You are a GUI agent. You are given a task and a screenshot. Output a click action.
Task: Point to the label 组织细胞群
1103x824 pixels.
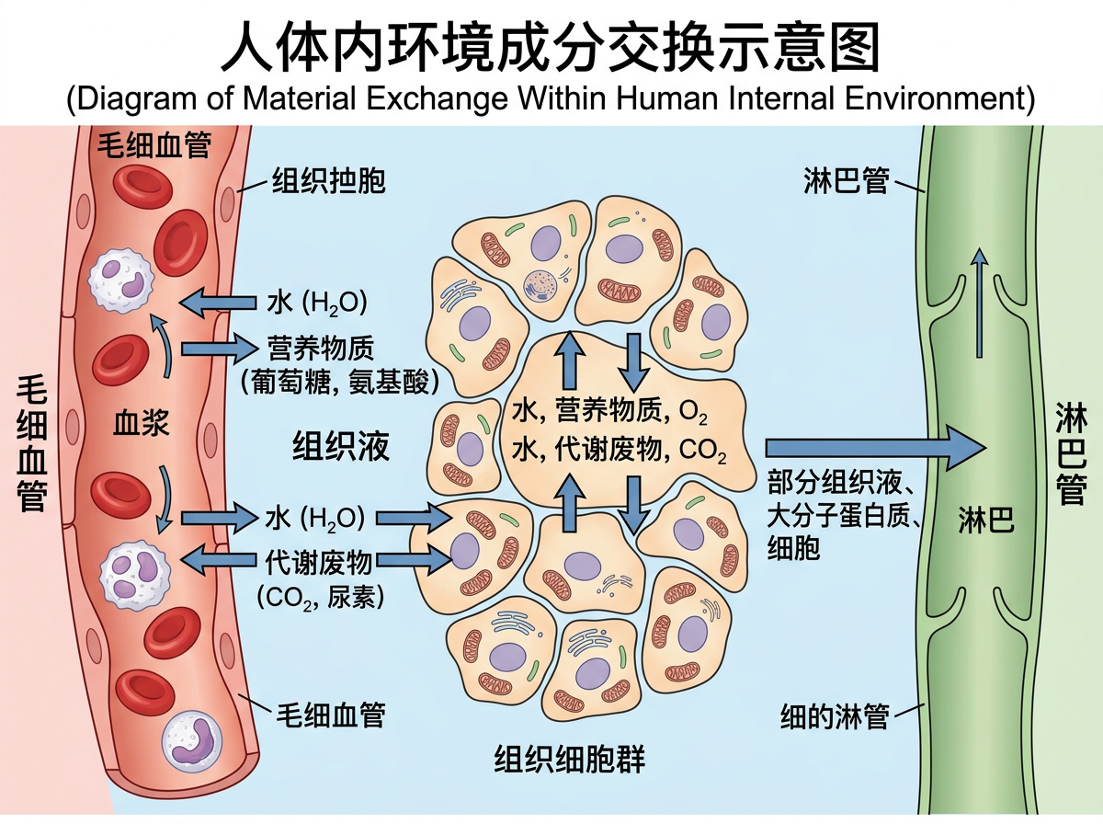point(569,760)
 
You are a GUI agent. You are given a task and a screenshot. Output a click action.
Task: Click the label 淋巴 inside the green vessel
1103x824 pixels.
point(985,522)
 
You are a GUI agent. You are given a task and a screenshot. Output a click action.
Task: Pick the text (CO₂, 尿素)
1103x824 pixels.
point(321,595)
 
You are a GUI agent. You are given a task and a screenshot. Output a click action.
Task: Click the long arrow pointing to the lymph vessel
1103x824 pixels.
point(874,448)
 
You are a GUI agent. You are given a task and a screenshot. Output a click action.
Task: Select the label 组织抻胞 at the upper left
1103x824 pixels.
point(328,181)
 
